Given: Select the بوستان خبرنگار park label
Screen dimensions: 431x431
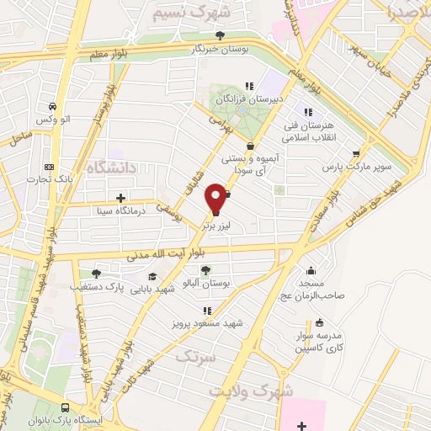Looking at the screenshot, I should point(221,50).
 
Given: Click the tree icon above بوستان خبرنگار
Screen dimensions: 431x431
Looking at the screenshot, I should point(221,35).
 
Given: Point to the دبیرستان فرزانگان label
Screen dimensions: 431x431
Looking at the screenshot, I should point(250,98).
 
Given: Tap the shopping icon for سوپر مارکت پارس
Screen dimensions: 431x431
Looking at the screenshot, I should point(357,153).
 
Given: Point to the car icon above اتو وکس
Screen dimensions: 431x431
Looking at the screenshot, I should point(54,107).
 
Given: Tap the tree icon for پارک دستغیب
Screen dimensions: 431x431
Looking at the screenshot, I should point(95,273).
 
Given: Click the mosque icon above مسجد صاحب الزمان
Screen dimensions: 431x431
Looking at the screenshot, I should point(312,270).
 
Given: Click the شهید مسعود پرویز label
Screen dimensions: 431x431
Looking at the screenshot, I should point(208,323).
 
